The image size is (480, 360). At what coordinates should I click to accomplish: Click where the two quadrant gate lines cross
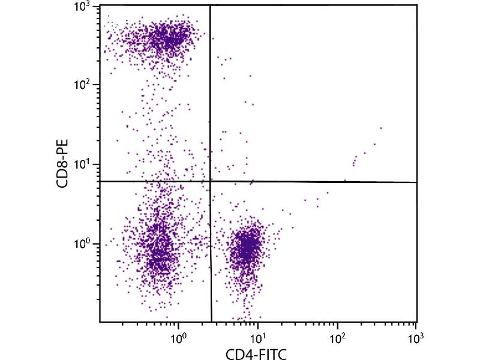tap(211, 181)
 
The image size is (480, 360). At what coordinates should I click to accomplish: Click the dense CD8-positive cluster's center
tap(168, 37)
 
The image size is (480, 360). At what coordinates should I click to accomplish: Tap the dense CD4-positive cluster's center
tap(248, 246)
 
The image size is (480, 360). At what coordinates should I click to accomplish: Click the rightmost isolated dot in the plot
tap(381, 128)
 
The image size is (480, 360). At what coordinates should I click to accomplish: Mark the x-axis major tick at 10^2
tap(338, 322)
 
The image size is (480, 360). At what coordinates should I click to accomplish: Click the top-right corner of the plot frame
tap(417, 5)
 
